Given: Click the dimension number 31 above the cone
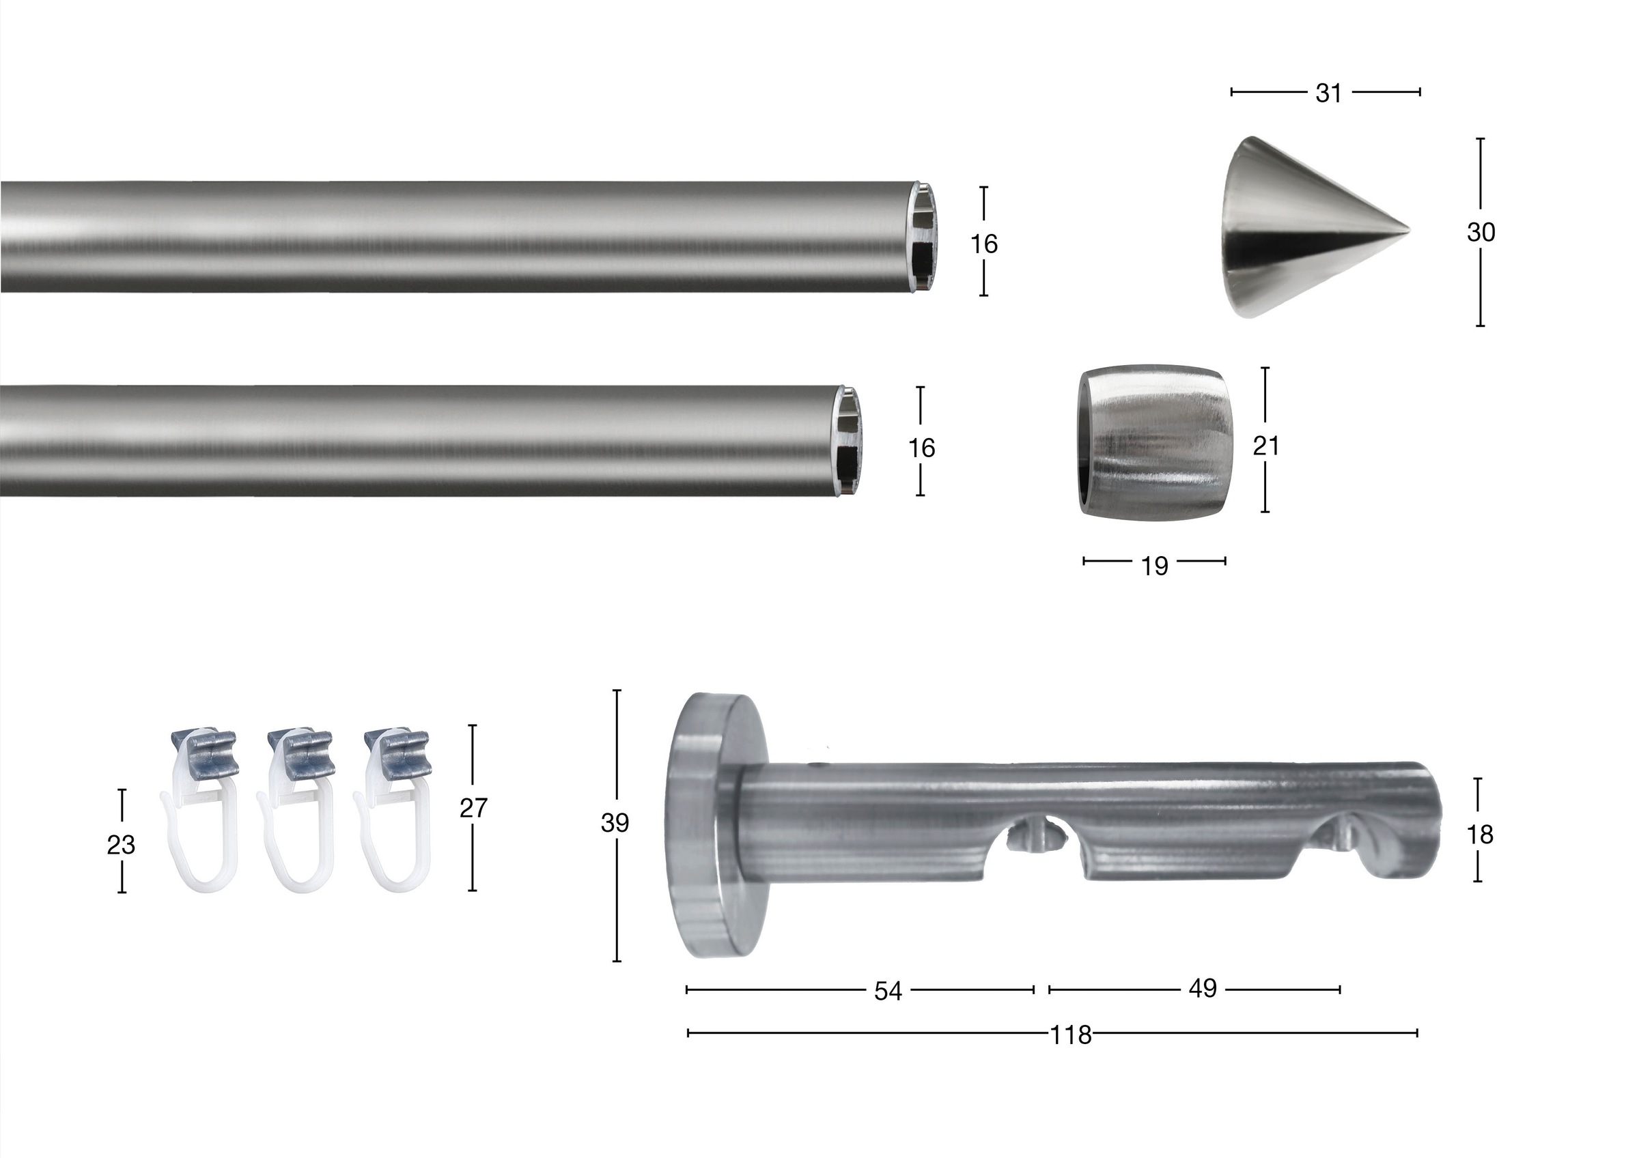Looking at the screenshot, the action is pos(1328,93).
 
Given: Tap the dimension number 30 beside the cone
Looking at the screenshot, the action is pos(1481,233).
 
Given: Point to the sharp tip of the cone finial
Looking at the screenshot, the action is pos(1410,231).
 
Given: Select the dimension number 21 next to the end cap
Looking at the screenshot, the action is pos(1265,446).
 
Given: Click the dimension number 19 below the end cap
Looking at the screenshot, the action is pos(1154,566).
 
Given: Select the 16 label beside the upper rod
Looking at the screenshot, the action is pos(983,245).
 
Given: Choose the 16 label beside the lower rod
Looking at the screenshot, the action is pos(921,448).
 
